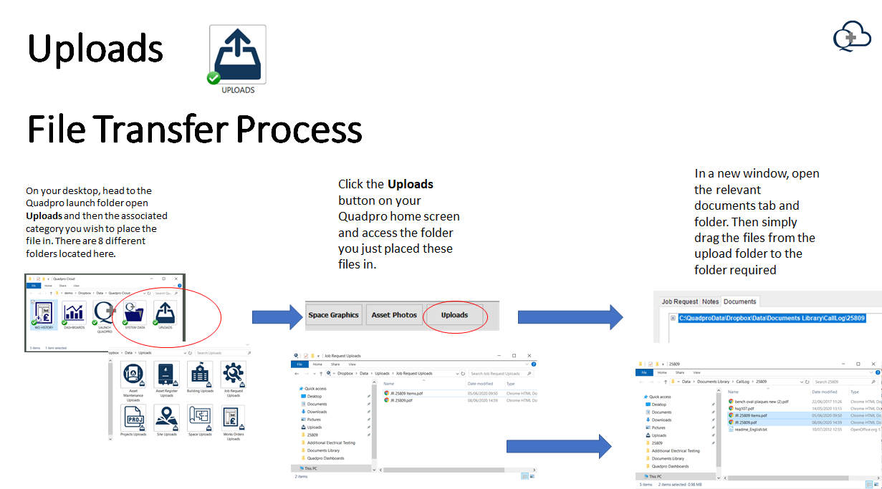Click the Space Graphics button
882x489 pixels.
click(333, 315)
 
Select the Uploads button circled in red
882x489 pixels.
click(454, 315)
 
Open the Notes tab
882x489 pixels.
click(710, 301)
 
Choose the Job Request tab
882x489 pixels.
click(679, 301)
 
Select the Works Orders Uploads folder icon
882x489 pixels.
click(233, 420)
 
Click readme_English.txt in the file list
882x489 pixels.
click(751, 430)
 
